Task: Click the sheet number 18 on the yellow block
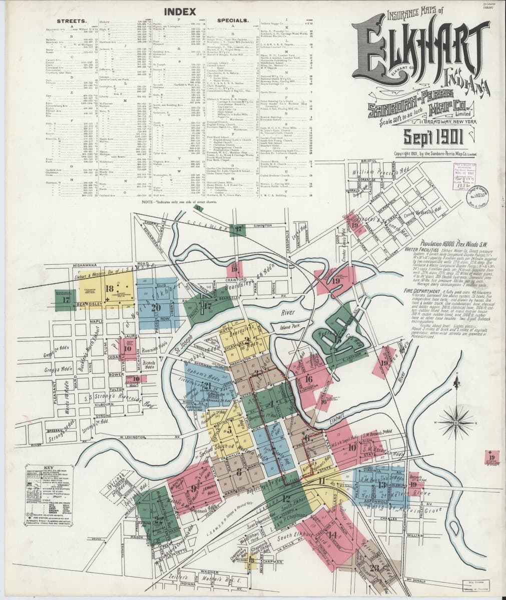[x=109, y=288]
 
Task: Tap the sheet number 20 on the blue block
[x=156, y=307]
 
